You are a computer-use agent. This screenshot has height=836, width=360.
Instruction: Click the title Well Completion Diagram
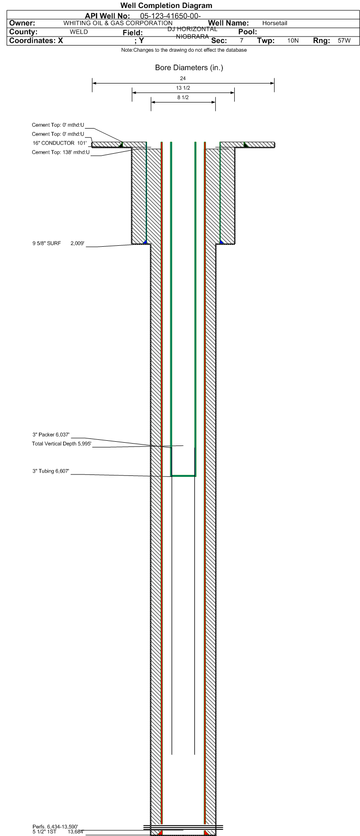click(x=166, y=6)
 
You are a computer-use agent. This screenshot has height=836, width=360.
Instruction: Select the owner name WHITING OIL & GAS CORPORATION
click(x=118, y=23)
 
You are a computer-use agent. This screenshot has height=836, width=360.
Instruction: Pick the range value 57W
click(x=344, y=41)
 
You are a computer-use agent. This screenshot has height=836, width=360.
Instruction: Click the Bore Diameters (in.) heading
click(x=189, y=68)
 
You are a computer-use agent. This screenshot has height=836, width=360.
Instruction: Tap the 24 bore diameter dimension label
click(x=183, y=78)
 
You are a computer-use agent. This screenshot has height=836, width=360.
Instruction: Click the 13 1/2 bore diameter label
click(x=183, y=88)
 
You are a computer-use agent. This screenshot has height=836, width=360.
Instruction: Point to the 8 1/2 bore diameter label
click(x=183, y=98)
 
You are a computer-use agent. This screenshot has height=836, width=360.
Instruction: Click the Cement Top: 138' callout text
click(x=60, y=152)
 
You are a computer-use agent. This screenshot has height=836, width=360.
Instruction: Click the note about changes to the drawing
click(x=184, y=50)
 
